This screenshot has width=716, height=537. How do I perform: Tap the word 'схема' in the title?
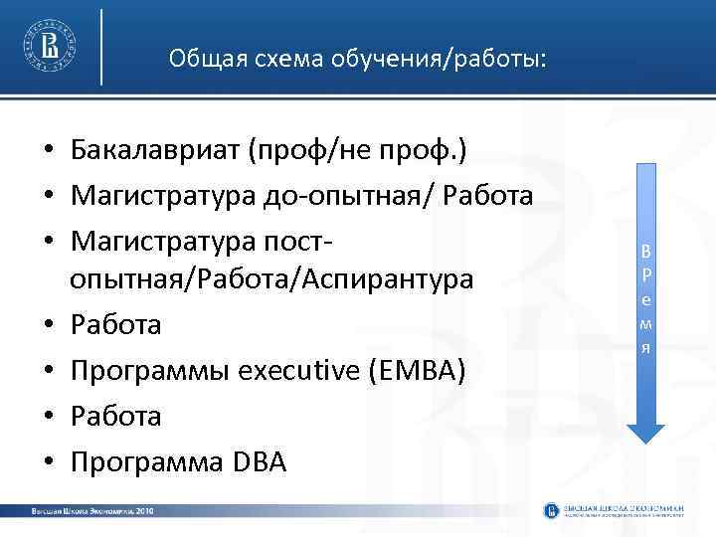click(262, 60)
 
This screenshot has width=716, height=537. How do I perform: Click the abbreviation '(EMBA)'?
click(417, 371)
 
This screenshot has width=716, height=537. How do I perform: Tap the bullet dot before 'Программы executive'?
click(48, 372)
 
